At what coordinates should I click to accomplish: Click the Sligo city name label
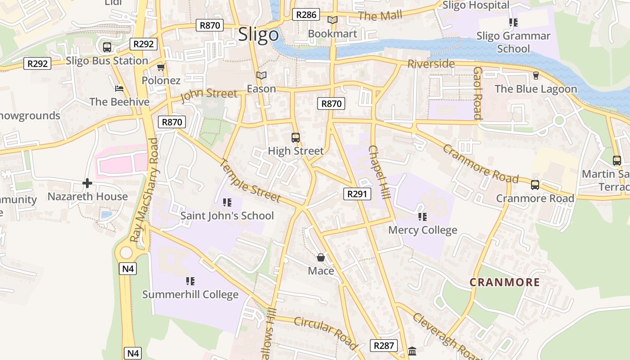click(258, 35)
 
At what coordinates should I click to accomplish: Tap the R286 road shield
click(306, 15)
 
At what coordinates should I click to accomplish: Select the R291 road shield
click(358, 194)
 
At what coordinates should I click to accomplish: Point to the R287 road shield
click(384, 346)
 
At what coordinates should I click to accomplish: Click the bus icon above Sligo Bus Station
click(107, 47)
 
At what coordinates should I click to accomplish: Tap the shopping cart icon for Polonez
click(161, 67)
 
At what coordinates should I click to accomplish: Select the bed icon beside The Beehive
click(119, 89)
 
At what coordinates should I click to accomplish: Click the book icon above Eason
click(261, 75)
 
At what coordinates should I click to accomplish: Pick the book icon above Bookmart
click(333, 20)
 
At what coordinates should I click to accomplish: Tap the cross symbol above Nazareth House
click(87, 183)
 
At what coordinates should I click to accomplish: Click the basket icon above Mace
click(321, 257)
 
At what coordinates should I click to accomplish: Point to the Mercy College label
click(423, 230)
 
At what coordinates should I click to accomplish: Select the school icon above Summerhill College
click(190, 281)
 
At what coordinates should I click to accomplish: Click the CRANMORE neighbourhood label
click(504, 282)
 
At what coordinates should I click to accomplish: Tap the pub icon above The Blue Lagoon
click(535, 75)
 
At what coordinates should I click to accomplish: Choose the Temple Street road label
click(250, 180)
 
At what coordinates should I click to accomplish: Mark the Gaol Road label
click(477, 93)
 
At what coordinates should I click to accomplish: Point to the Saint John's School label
click(227, 216)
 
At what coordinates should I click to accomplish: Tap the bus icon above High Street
click(296, 138)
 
